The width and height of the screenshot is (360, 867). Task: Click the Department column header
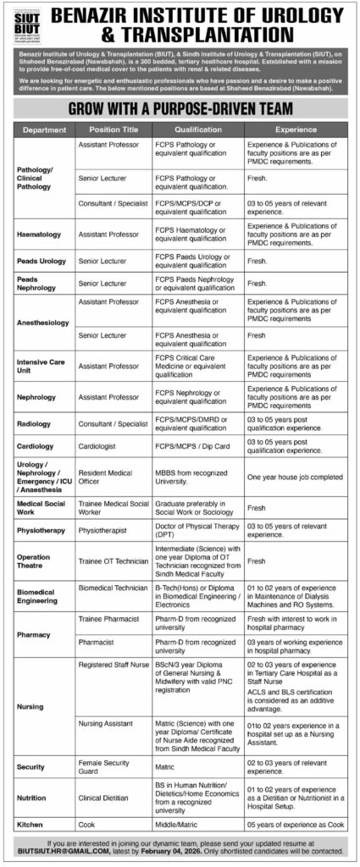(45, 131)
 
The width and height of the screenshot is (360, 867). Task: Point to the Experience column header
(296, 131)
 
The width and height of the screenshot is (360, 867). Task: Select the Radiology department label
(36, 421)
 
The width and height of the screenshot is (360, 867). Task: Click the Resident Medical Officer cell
(102, 476)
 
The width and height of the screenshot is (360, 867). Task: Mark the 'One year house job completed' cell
(294, 477)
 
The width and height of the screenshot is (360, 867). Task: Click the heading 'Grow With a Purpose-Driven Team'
(180, 110)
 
